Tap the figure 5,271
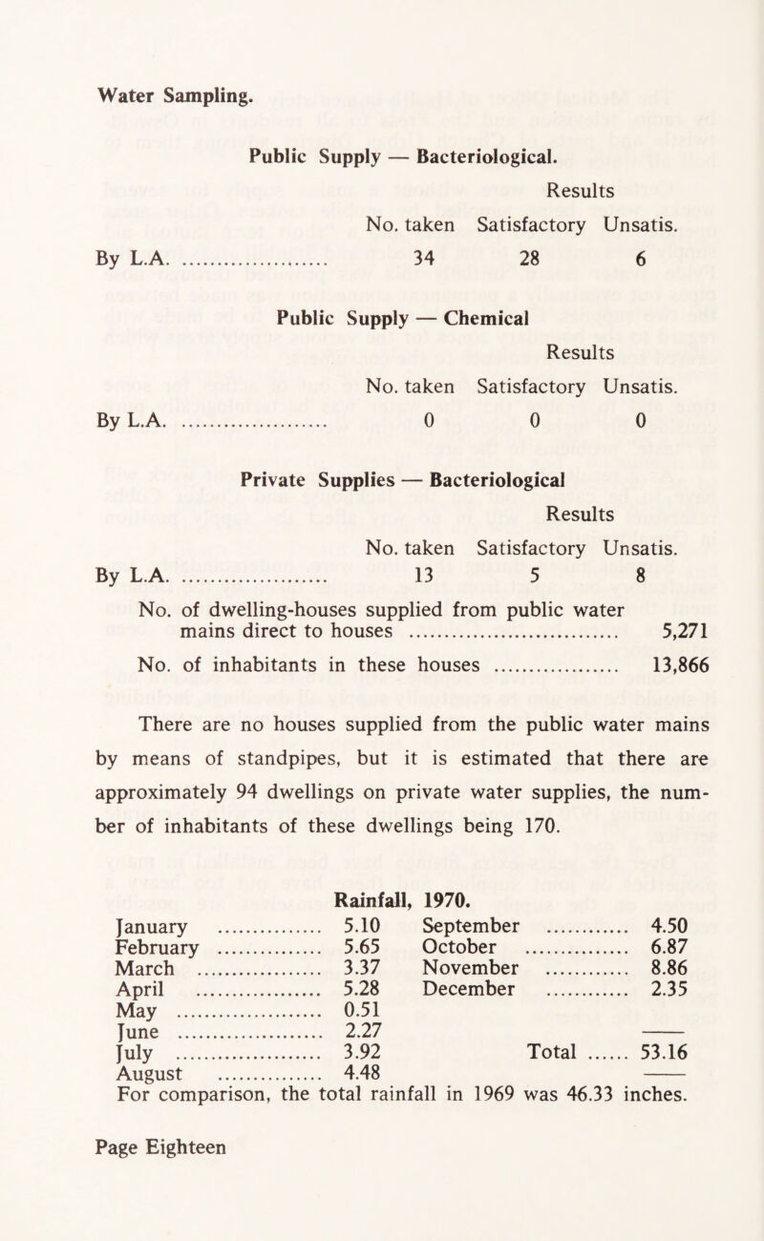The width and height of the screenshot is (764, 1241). (x=679, y=632)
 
